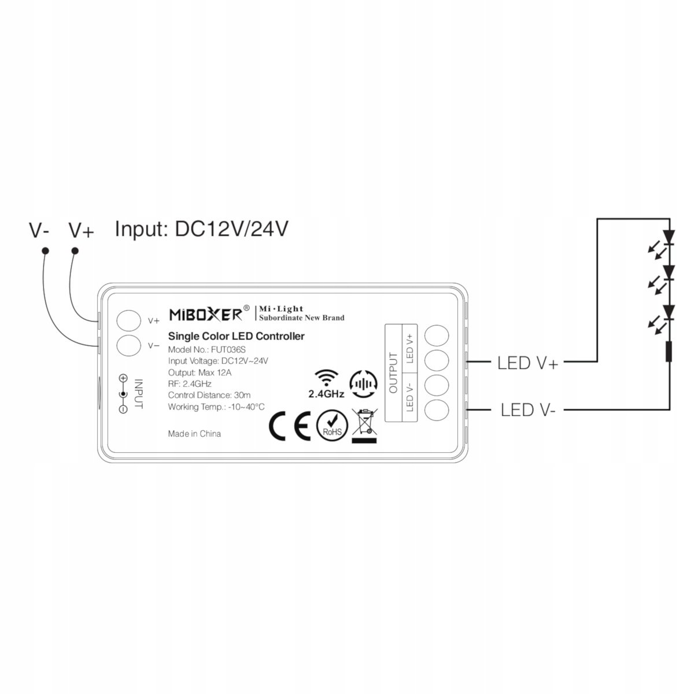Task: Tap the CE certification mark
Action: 290,427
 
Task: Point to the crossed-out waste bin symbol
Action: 364,425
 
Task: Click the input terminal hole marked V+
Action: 129,320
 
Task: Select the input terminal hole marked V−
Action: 129,346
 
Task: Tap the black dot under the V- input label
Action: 45,251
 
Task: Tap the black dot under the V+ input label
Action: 75,250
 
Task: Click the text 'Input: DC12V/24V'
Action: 201,229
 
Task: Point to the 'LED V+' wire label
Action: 527,363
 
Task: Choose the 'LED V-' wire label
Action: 528,410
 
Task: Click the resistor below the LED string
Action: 669,352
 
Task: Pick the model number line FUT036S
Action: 206,350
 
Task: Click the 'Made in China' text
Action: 194,434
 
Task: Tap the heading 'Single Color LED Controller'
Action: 236,336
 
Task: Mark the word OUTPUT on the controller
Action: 394,373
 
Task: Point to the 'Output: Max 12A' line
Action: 200,372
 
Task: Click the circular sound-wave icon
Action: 363,383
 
